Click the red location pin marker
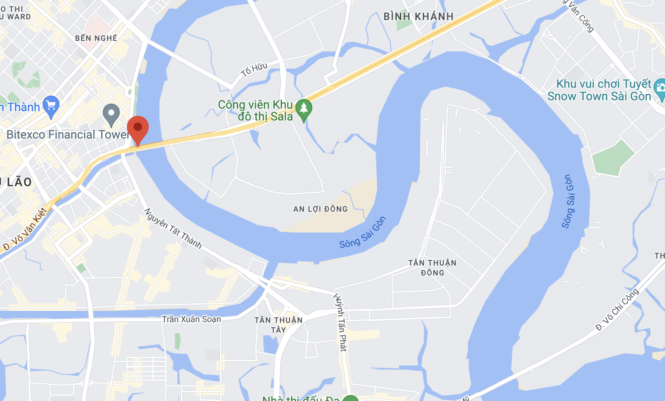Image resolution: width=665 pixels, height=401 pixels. click(x=138, y=128)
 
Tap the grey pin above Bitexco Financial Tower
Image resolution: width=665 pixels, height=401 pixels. click(x=111, y=113)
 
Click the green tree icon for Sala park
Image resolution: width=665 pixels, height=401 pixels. click(x=303, y=109)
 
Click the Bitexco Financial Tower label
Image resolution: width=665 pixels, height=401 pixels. click(x=67, y=135)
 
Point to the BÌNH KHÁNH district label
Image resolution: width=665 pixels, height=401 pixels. click(x=418, y=17)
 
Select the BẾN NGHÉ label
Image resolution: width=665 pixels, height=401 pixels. click(x=96, y=38)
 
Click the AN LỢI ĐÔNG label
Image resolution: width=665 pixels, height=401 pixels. click(x=320, y=209)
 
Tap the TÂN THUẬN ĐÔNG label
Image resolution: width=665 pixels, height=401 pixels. click(x=432, y=268)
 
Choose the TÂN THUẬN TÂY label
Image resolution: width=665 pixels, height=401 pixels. click(x=279, y=325)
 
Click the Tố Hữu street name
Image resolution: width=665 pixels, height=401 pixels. click(x=254, y=70)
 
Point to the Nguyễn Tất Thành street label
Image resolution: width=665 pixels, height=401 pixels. click(x=173, y=228)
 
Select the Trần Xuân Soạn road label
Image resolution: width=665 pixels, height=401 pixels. click(x=191, y=319)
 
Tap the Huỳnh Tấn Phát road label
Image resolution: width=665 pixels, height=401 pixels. click(x=341, y=322)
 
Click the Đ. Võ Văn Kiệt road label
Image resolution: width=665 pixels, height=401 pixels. click(x=25, y=229)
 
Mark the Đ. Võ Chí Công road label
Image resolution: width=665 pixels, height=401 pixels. click(x=617, y=310)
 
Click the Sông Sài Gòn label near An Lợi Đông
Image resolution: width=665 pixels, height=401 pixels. click(x=362, y=233)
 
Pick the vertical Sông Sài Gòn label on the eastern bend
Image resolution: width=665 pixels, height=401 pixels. click(x=568, y=201)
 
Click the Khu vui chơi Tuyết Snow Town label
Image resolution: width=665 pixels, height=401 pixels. click(x=599, y=90)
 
